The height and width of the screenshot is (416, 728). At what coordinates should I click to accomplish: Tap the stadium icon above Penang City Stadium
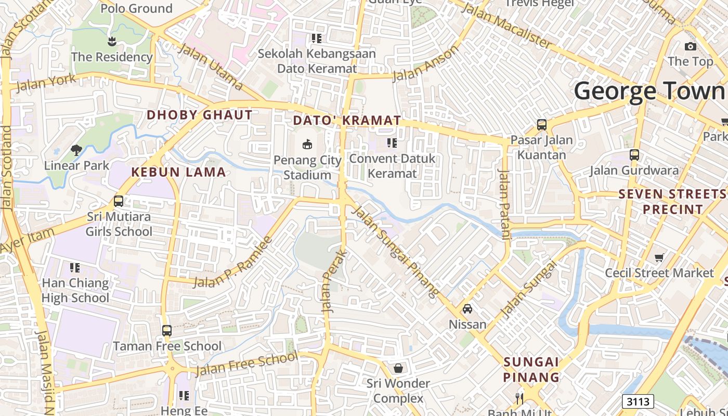click(307, 144)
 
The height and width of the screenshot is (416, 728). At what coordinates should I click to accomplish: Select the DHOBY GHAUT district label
click(200, 115)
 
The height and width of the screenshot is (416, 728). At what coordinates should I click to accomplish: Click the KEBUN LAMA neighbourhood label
click(178, 172)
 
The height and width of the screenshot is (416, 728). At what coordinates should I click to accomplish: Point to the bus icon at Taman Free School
click(167, 331)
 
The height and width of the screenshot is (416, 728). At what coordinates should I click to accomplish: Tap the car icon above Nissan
click(467, 309)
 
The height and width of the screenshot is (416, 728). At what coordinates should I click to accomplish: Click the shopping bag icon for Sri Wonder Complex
click(398, 368)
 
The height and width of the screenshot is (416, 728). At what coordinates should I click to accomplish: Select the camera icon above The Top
click(691, 46)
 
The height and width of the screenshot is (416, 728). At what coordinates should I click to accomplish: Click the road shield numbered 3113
click(638, 401)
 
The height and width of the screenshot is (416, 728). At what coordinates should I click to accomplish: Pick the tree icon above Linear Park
click(76, 150)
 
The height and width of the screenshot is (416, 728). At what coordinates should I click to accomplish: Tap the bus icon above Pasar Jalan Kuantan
click(542, 125)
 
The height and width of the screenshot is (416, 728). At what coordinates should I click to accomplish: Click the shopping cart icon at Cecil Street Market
click(659, 257)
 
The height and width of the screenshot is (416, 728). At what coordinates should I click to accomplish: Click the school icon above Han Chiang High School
click(75, 268)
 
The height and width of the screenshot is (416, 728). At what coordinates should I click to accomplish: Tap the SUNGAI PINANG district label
click(531, 369)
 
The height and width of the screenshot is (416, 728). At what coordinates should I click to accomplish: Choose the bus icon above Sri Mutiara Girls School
click(119, 201)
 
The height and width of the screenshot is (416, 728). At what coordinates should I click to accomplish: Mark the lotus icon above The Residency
click(111, 41)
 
